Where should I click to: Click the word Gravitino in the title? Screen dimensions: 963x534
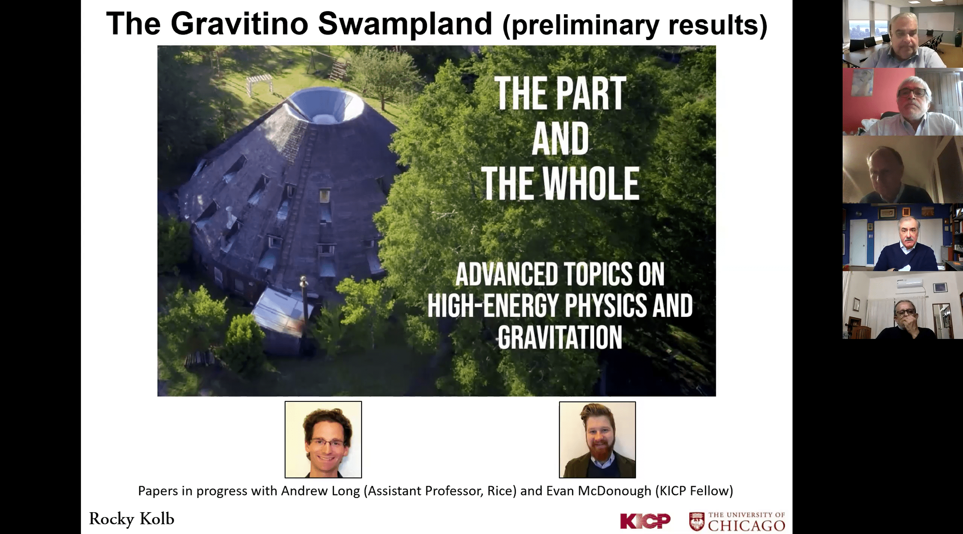pyautogui.click(x=240, y=23)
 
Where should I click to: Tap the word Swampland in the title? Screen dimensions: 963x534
pyautogui.click(x=405, y=23)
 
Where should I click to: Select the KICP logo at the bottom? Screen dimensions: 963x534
pyautogui.click(x=645, y=521)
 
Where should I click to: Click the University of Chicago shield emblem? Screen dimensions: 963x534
pyautogui.click(x=696, y=522)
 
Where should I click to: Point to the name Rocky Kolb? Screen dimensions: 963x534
pyautogui.click(x=132, y=519)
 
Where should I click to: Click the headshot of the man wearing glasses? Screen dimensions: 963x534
pyautogui.click(x=323, y=439)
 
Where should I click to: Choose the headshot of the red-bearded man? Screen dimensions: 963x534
pyautogui.click(x=597, y=439)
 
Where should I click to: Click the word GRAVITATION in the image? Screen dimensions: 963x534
pyautogui.click(x=560, y=337)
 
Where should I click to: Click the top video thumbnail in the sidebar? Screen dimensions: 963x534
pyautogui.click(x=902, y=34)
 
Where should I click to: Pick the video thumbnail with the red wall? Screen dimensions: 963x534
pyautogui.click(x=902, y=102)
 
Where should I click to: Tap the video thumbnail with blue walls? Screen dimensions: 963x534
pyautogui.click(x=902, y=237)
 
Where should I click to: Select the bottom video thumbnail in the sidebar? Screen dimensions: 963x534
pyautogui.click(x=902, y=305)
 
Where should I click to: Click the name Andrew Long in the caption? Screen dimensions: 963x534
pyautogui.click(x=319, y=491)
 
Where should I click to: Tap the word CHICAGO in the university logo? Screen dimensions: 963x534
pyautogui.click(x=746, y=525)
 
